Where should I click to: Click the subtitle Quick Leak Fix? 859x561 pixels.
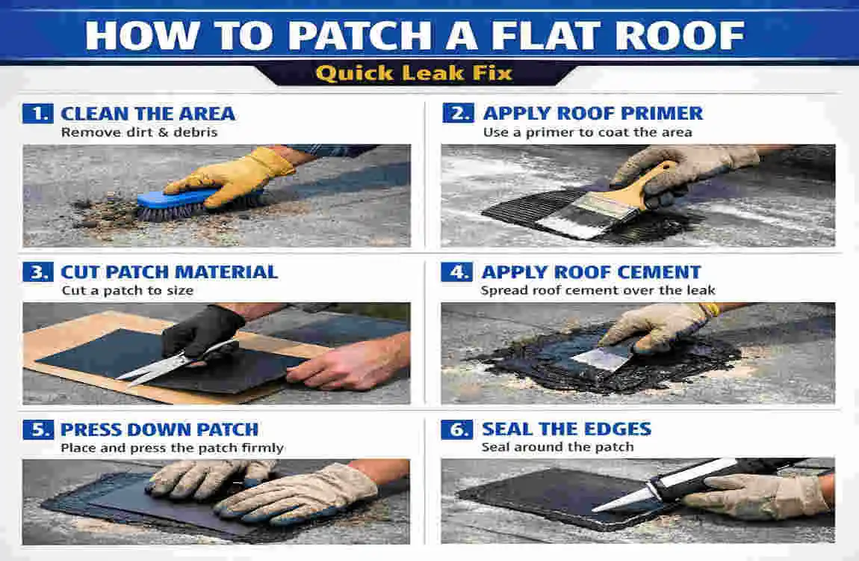[413, 73]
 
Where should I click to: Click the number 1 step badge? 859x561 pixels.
[37, 114]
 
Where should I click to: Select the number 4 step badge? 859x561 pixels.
[456, 272]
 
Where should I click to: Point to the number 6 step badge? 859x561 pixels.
[456, 429]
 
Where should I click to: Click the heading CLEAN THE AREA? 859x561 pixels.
[147, 114]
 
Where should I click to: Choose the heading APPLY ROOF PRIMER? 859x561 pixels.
[592, 114]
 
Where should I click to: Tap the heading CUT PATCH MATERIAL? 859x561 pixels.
[169, 272]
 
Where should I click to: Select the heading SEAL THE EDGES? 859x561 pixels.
[566, 429]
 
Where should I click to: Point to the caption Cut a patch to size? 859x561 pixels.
[127, 290]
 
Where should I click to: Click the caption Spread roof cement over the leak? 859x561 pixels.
[598, 290]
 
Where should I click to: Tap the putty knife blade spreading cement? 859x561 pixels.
[601, 360]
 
